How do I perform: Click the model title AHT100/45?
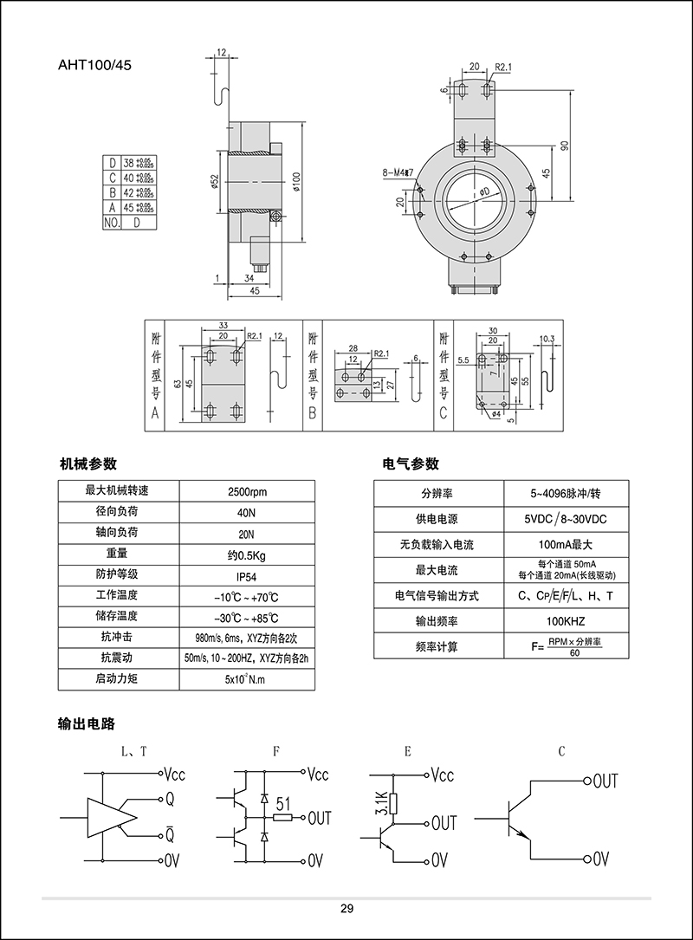95,63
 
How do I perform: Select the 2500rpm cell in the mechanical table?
246,491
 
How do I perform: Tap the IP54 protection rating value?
246,575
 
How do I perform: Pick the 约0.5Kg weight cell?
246,554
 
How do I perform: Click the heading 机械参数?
88,464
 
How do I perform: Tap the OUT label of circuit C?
605,781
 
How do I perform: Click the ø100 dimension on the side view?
295,179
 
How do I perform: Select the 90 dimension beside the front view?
565,145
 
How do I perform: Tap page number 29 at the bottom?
346,909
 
